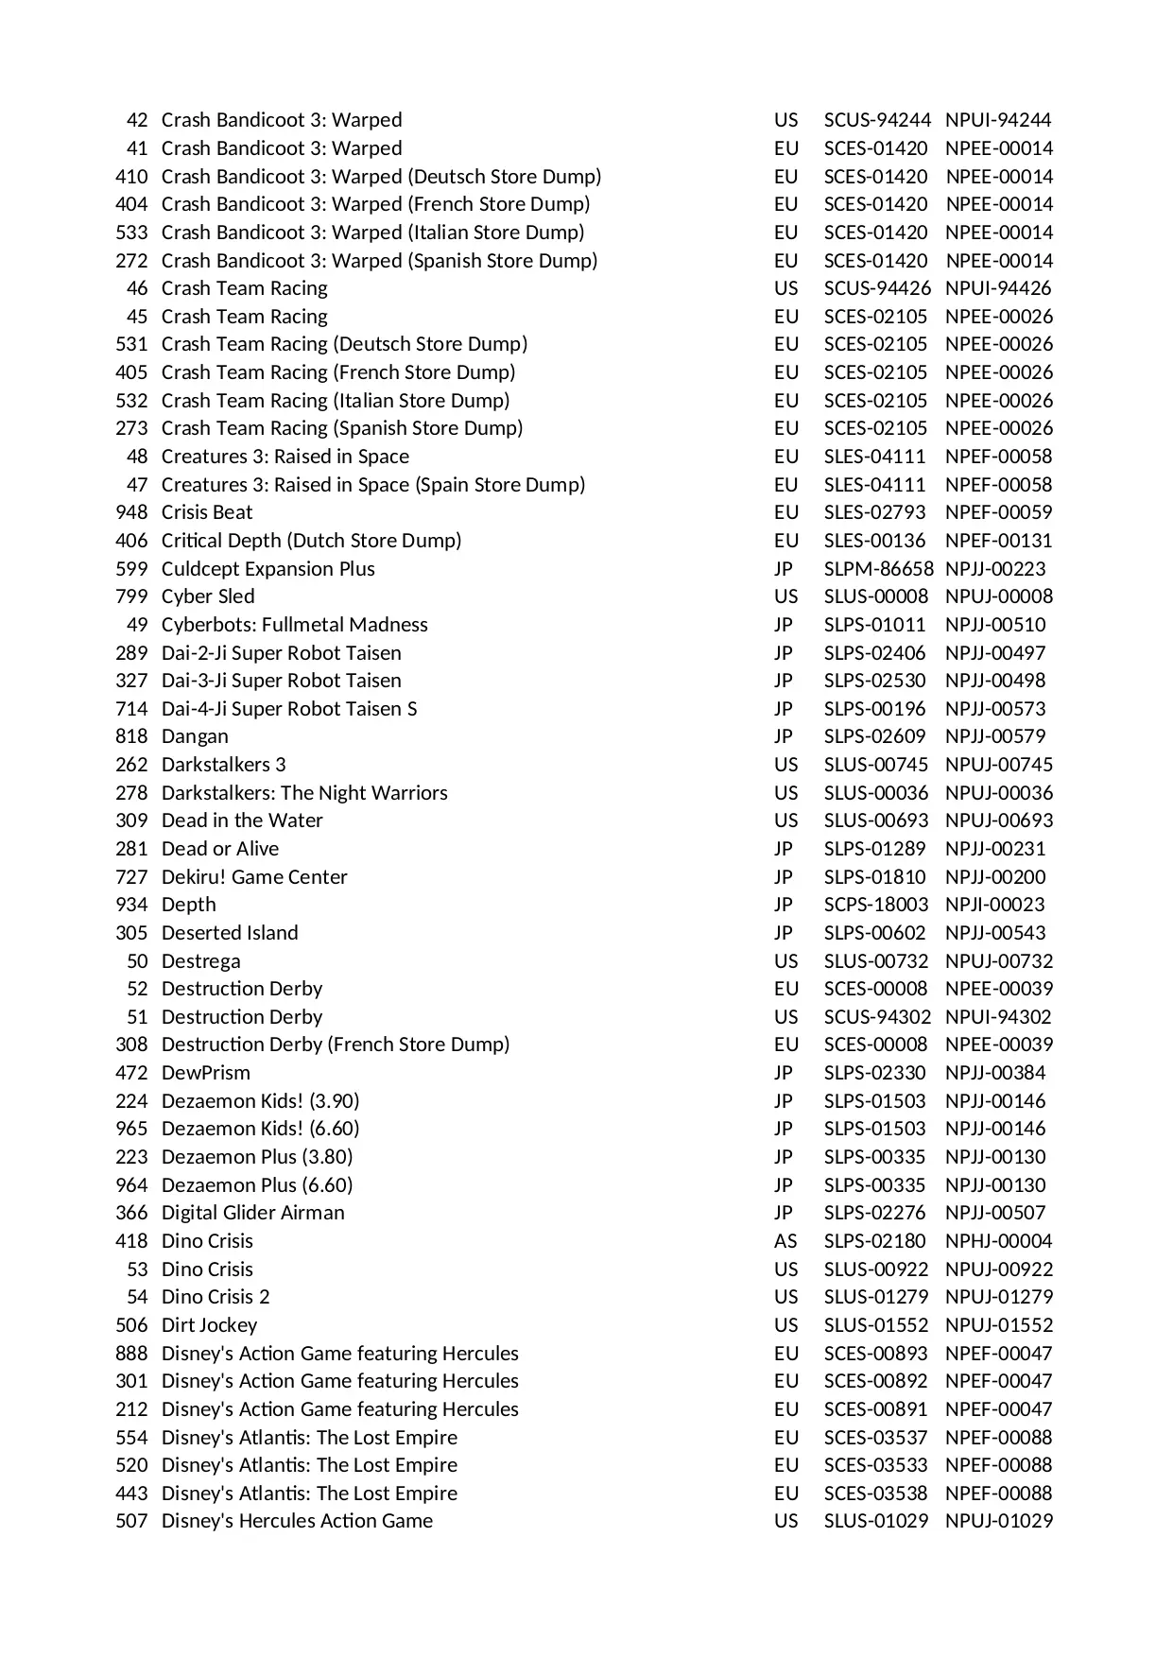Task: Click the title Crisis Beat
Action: tap(207, 512)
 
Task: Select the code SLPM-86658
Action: tap(878, 569)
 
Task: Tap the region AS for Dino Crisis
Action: tap(785, 1241)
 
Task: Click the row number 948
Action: tap(131, 512)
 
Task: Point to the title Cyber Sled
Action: tap(208, 596)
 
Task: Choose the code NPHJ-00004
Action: tap(998, 1241)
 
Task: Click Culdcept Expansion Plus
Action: tap(267, 569)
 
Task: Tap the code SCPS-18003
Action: tap(875, 905)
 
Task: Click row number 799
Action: tap(131, 596)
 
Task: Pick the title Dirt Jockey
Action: tap(209, 1325)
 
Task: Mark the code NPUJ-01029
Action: tap(998, 1521)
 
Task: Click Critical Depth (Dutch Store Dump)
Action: tap(311, 541)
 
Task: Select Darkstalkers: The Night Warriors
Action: tap(304, 793)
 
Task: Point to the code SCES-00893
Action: tap(875, 1354)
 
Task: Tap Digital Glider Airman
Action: tap(252, 1213)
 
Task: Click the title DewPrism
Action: tap(205, 1073)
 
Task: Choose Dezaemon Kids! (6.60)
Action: tap(260, 1129)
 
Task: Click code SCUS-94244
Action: tap(877, 120)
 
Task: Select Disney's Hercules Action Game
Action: tap(297, 1521)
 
